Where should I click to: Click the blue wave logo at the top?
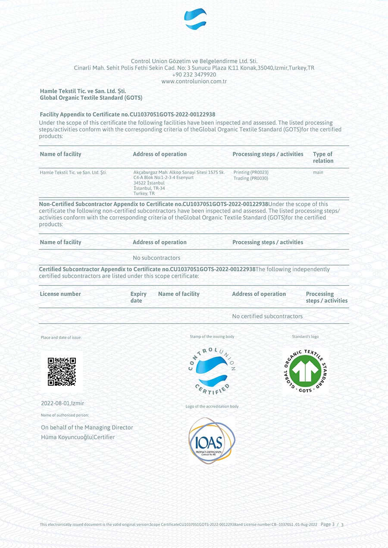click(x=195, y=19)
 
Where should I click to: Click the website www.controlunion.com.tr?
click(x=194, y=81)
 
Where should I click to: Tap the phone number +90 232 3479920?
click(x=194, y=74)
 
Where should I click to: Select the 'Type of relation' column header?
click(x=323, y=157)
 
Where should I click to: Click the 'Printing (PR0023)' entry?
click(x=251, y=172)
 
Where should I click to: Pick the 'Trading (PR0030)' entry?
click(x=251, y=178)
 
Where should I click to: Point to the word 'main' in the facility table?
click(x=318, y=172)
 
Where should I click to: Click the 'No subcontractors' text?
click(x=156, y=258)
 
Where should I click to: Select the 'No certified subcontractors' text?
click(x=267, y=316)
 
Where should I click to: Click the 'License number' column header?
click(x=60, y=294)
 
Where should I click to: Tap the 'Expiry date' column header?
click(x=138, y=297)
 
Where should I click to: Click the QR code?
click(x=62, y=372)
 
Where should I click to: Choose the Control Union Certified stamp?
click(x=212, y=371)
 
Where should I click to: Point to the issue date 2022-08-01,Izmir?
click(x=63, y=403)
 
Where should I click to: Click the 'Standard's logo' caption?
click(x=305, y=337)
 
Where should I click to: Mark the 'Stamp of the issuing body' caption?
click(x=212, y=337)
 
